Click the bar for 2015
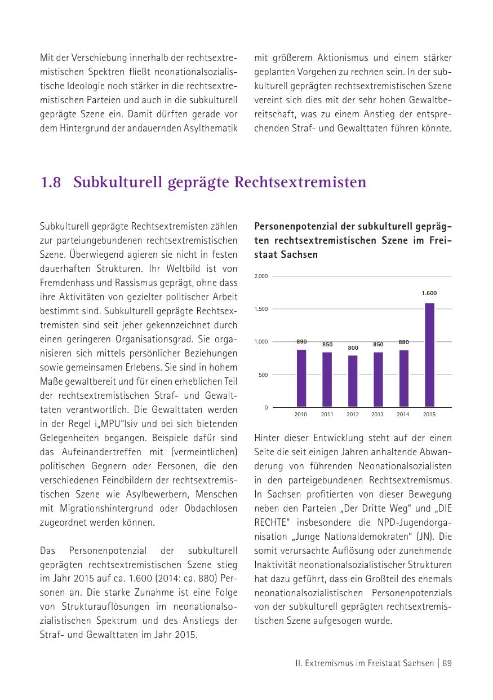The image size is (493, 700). [429, 355]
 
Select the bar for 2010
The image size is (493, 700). [301, 378]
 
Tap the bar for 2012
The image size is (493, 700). [353, 381]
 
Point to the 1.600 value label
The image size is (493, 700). [429, 293]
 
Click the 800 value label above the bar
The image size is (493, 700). [353, 348]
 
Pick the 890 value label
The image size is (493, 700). [301, 342]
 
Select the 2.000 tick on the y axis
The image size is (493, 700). [261, 276]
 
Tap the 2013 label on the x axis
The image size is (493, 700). [377, 415]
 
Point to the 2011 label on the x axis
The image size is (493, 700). [327, 415]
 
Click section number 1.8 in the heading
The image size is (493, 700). [51, 183]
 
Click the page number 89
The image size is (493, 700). [447, 663]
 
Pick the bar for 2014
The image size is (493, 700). [403, 378]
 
